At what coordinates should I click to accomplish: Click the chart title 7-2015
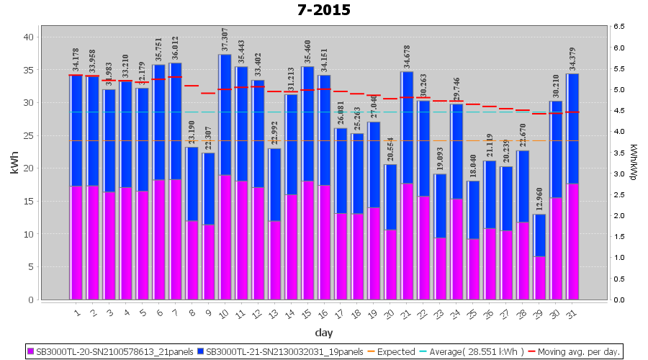click(324, 10)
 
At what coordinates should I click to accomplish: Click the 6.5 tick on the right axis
click(620, 27)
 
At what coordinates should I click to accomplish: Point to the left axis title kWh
click(14, 163)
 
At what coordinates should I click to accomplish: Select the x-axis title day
click(323, 333)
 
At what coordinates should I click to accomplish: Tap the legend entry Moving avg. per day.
click(580, 352)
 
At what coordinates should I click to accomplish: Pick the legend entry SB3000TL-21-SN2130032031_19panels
click(281, 352)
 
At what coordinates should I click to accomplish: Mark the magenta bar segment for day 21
click(408, 241)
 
